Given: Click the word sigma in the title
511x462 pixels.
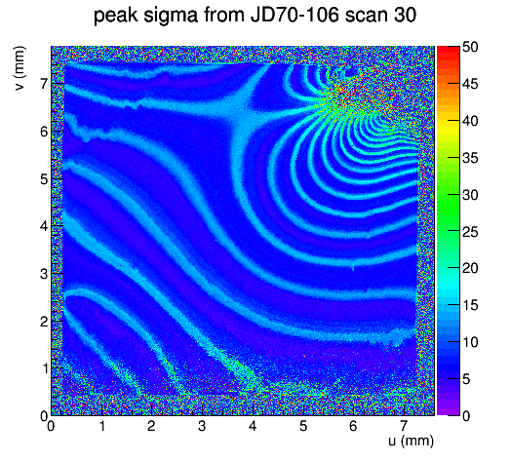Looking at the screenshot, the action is pyautogui.click(x=170, y=16).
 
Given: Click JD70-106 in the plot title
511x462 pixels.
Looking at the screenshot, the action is pyautogui.click(x=295, y=15).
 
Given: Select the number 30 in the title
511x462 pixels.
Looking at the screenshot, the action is pyautogui.click(x=404, y=15).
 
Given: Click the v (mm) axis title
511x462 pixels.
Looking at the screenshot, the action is pyautogui.click(x=20, y=68).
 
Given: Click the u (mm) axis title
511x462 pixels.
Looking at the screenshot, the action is pyautogui.click(x=411, y=441).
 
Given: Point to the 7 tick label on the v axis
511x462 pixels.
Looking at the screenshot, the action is pyautogui.click(x=44, y=85).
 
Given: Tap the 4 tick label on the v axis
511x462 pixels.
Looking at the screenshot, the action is pyautogui.click(x=44, y=226).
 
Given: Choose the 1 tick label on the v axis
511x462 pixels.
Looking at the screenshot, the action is pyautogui.click(x=44, y=368).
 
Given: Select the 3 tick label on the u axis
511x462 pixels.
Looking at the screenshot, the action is pyautogui.click(x=202, y=426).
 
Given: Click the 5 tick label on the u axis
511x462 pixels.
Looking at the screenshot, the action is pyautogui.click(x=303, y=426).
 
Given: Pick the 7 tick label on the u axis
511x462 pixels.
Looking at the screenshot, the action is pyautogui.click(x=404, y=426).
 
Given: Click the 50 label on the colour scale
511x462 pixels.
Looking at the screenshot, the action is pyautogui.click(x=470, y=47).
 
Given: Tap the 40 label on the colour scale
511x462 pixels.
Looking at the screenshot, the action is pyautogui.click(x=470, y=121).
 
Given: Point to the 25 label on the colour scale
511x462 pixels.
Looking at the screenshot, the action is pyautogui.click(x=470, y=232).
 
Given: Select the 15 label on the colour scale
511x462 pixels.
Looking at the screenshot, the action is pyautogui.click(x=470, y=305).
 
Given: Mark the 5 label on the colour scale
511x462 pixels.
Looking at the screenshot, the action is pyautogui.click(x=466, y=379).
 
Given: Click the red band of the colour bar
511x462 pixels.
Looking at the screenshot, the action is pyautogui.click(x=448, y=54).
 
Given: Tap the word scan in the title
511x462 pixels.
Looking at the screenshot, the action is pyautogui.click(x=366, y=15).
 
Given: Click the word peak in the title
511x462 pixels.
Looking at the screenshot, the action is pyautogui.click(x=116, y=16).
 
